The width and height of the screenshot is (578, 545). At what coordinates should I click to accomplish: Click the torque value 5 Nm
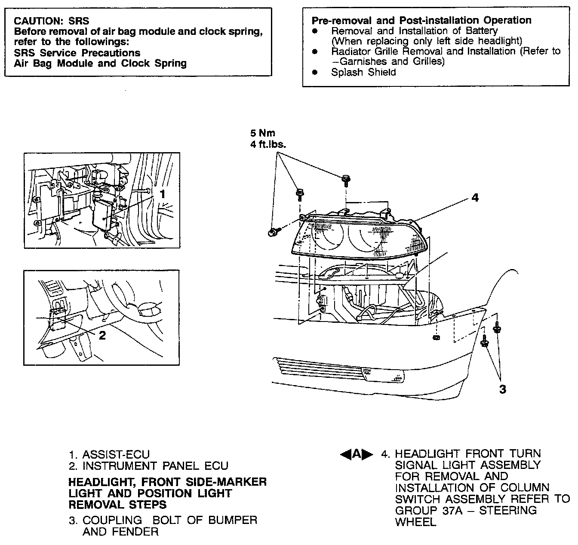[263, 133]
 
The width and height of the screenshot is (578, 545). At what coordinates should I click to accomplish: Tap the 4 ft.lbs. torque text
[268, 144]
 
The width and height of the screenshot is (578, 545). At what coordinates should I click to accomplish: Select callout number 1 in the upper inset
[163, 194]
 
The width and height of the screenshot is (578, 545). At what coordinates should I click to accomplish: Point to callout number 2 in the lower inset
[102, 335]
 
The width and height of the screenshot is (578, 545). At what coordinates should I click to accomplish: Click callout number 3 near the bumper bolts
[502, 389]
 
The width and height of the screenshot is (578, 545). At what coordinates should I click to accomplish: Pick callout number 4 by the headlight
[474, 198]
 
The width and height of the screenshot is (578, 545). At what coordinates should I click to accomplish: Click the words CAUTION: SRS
[52, 21]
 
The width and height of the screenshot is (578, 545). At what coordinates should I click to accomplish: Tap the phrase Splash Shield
[363, 72]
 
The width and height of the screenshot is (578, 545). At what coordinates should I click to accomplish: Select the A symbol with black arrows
[356, 454]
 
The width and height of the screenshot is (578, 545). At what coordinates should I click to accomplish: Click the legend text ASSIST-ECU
[116, 454]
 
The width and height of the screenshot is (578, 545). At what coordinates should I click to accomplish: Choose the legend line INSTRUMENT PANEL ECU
[155, 466]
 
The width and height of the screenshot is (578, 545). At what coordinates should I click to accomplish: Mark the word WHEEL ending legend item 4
[415, 522]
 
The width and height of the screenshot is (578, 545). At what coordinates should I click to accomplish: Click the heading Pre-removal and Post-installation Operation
[421, 20]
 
